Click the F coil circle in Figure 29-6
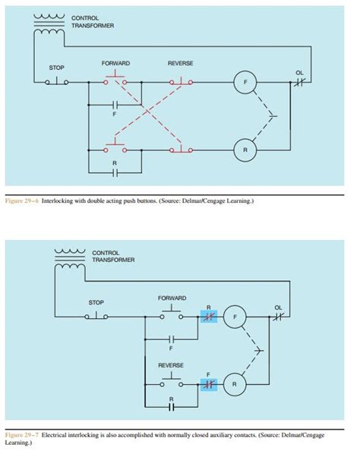click(245, 81)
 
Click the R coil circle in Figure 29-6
click(245, 150)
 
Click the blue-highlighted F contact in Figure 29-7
click(209, 384)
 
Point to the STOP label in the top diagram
click(56, 68)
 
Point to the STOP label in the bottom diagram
click(96, 302)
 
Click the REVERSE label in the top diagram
click(181, 62)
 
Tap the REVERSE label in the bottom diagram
click(171, 365)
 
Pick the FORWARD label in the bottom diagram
click(172, 298)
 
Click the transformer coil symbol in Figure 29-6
click(49, 24)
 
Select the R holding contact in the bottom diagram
click(172, 406)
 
